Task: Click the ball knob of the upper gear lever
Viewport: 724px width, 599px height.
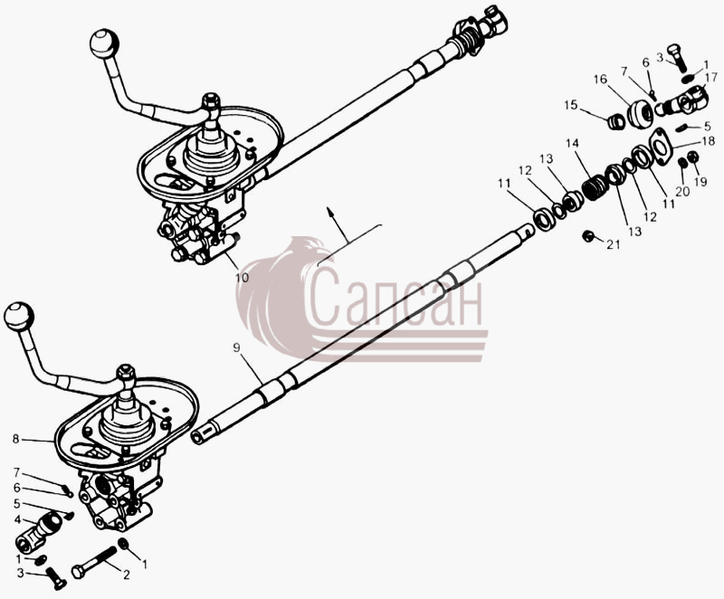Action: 104,43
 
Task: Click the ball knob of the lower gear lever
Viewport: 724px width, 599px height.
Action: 19,317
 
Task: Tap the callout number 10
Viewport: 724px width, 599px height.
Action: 242,278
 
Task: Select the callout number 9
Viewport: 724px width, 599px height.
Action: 237,347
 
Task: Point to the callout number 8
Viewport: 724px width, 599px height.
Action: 16,439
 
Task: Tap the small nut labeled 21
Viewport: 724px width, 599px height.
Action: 587,236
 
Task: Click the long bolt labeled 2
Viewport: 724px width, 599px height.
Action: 95,563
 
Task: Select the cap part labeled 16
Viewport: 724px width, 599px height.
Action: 640,113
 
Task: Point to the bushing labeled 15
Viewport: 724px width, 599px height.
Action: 616,122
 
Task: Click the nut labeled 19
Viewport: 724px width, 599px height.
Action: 692,157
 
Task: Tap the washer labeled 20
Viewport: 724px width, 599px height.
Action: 682,163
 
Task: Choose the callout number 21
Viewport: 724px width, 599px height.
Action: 614,244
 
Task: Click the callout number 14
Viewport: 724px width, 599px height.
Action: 572,143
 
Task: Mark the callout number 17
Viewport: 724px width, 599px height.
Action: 710,77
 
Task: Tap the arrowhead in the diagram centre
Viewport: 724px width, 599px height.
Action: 330,212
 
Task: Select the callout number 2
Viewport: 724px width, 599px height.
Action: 126,575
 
